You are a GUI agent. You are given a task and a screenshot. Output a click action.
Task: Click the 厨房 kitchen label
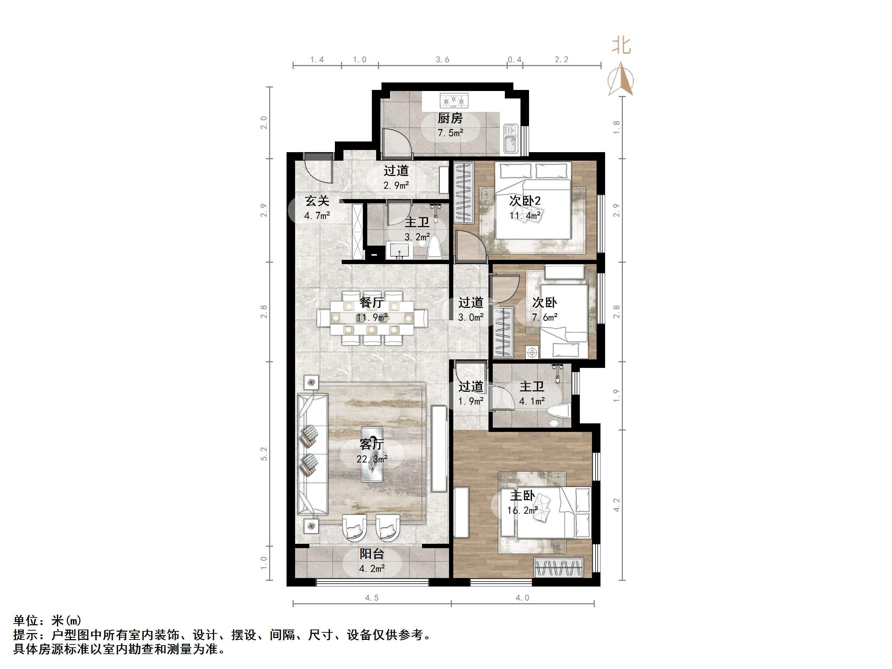coord(450,118)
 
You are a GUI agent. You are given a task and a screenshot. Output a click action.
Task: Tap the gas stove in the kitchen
coord(454,100)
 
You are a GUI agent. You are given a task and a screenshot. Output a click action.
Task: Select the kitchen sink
coord(511,139)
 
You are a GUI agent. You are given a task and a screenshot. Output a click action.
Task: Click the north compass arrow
coord(621,79)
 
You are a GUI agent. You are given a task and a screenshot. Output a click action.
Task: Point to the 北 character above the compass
coord(621,46)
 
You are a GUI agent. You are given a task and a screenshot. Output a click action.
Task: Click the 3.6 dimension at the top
coord(442,60)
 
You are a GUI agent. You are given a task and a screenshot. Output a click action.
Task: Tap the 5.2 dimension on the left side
coord(264,454)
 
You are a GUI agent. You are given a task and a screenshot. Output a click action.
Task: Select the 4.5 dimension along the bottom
coord(372,598)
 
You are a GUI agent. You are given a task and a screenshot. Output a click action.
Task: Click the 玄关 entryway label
coord(317,201)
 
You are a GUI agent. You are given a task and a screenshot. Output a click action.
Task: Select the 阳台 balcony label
coord(372,554)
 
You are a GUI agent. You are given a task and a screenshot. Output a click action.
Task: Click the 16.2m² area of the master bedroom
coord(522,510)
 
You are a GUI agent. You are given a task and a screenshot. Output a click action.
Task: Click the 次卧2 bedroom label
coord(525,201)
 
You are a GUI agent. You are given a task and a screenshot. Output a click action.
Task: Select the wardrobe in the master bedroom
coord(559,568)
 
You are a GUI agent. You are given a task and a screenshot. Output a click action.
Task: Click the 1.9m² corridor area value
coord(471,401)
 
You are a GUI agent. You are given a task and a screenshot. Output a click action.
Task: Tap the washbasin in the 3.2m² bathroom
coord(400,250)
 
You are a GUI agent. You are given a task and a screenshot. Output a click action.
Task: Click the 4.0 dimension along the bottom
coord(522,598)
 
